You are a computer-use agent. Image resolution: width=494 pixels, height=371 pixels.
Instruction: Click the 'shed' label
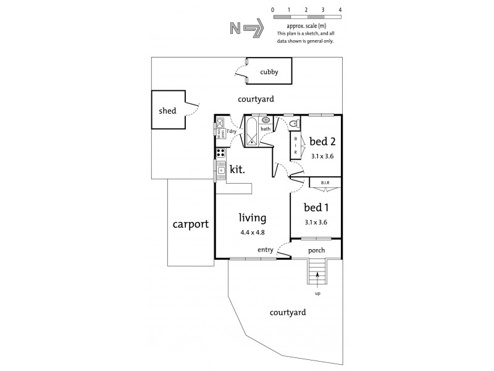[167, 111]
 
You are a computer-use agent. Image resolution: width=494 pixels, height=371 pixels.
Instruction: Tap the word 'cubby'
[269, 72]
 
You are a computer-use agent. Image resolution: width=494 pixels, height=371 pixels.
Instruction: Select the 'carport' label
[190, 224]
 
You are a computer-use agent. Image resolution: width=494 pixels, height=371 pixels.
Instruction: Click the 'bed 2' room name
[322, 142]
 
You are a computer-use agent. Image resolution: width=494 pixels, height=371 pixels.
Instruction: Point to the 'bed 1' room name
[316, 208]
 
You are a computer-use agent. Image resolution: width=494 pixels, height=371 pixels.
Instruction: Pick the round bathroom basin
[266, 121]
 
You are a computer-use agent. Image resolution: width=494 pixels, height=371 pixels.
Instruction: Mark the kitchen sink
[220, 168]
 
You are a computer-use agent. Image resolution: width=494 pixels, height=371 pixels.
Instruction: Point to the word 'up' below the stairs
[317, 293]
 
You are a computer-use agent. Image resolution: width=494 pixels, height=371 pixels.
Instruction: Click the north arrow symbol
[247, 28]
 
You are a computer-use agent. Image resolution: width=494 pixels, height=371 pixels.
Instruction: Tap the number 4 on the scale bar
[340, 11]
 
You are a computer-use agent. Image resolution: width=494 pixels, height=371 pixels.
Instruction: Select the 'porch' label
[316, 250]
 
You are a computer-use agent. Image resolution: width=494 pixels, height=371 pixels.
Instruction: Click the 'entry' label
[266, 250]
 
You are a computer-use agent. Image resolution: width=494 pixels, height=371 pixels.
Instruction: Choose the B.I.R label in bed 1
[325, 182]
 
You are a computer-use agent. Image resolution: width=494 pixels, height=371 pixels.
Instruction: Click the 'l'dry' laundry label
[231, 132]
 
